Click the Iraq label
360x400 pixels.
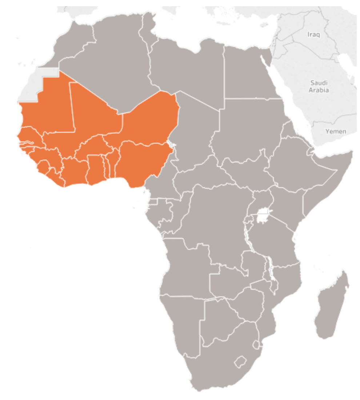314,35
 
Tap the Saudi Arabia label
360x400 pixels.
319,86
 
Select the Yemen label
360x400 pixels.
335,131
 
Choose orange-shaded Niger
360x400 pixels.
149,120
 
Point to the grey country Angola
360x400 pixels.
185,265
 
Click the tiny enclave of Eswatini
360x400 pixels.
257,344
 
